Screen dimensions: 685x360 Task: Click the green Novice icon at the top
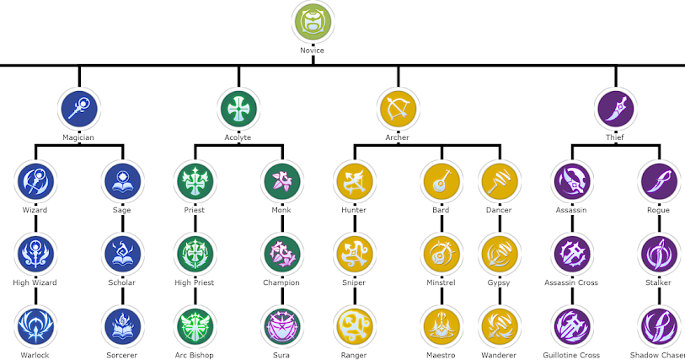click(x=312, y=23)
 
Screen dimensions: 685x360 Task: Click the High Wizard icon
click(x=35, y=253)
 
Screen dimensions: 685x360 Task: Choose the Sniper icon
click(x=354, y=253)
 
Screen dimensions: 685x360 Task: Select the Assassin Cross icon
click(x=572, y=253)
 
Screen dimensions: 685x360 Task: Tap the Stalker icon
click(x=658, y=253)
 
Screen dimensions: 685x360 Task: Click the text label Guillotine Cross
click(x=572, y=355)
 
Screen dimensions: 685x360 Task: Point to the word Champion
click(x=281, y=282)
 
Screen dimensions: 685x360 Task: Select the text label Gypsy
click(x=499, y=282)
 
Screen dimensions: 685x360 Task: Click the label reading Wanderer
click(x=499, y=355)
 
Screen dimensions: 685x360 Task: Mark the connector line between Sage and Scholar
click(x=121, y=224)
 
